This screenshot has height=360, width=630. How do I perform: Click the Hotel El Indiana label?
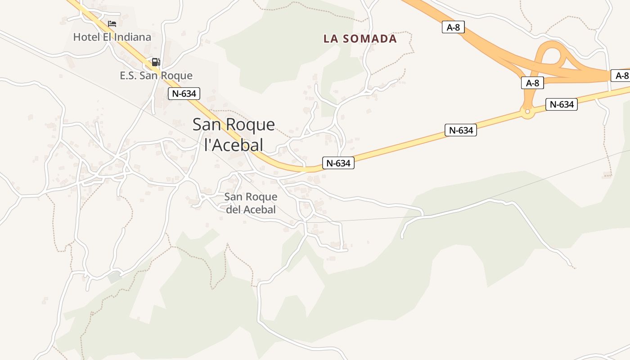point(112,37)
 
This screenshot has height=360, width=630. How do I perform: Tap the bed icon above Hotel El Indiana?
point(112,23)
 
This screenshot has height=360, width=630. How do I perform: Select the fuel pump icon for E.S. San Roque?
point(156,62)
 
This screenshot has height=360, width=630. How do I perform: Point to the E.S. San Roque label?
point(156,76)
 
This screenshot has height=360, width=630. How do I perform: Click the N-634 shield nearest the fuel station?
point(184,94)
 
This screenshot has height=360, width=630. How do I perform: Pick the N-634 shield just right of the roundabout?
point(562,104)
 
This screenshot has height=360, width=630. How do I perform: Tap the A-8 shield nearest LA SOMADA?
point(453,27)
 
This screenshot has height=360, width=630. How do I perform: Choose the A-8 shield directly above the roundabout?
point(532,83)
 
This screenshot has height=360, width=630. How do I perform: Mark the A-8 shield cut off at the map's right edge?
point(621,76)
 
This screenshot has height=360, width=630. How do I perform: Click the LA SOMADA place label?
point(360,39)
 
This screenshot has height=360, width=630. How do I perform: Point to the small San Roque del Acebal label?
point(251,203)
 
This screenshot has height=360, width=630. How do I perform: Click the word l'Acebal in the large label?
point(234,145)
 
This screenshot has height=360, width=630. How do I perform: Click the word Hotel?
point(86,37)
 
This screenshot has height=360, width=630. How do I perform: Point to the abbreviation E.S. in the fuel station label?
point(128,76)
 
